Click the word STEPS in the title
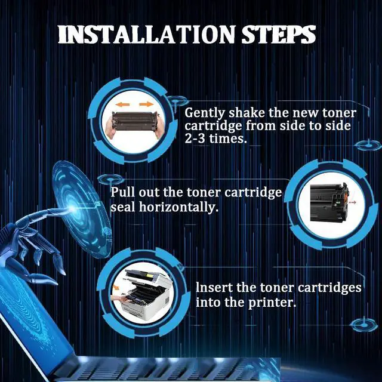click(278, 35)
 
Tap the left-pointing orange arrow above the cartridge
click(122, 105)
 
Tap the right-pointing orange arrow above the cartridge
click(146, 104)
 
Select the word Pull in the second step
click(123, 192)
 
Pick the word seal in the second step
click(123, 207)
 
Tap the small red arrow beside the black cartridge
click(353, 202)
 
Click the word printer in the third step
click(272, 303)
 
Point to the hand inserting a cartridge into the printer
click(120, 299)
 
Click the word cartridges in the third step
click(329, 288)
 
